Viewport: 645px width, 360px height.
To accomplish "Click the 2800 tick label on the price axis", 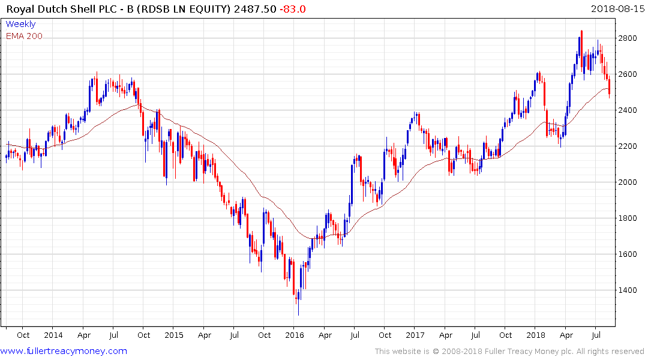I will [x=628, y=38].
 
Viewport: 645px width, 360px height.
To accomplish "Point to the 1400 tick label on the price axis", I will [x=628, y=290].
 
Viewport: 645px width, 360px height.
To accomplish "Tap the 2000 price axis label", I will [x=628, y=182].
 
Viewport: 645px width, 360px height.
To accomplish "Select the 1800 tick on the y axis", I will [x=628, y=218].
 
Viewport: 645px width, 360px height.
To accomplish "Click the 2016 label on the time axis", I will [x=294, y=335].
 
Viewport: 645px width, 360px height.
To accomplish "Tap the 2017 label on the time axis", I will [x=415, y=335].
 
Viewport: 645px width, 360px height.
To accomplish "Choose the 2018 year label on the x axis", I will [x=536, y=335].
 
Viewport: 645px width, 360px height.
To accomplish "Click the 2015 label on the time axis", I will [x=173, y=335].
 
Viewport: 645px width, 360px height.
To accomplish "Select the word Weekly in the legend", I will [x=20, y=25].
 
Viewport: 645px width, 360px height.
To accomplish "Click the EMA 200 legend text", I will [x=24, y=36].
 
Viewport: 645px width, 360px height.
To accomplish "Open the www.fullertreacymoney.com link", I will [x=64, y=351].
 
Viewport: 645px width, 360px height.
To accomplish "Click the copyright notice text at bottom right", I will [x=509, y=351].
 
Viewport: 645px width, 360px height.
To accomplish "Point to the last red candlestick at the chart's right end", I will [x=610, y=89].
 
